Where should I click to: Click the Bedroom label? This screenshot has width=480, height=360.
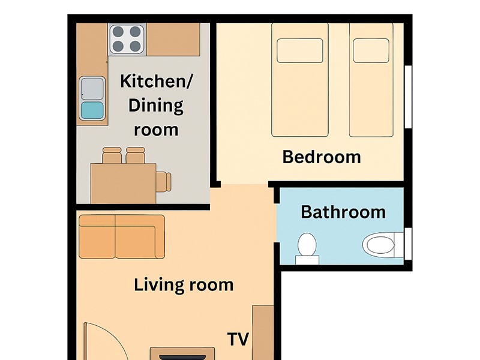(322, 157)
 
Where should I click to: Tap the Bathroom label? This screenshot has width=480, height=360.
(343, 212)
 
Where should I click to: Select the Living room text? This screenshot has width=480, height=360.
(184, 284)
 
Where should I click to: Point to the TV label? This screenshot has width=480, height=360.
(238, 339)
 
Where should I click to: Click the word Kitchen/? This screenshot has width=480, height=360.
(156, 82)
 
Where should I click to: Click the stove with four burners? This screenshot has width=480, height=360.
(127, 39)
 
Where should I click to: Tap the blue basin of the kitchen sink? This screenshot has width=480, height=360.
(92, 110)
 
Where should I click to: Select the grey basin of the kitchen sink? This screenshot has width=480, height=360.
(92, 88)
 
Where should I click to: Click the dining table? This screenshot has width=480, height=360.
(123, 182)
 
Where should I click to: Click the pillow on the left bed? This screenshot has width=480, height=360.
(299, 51)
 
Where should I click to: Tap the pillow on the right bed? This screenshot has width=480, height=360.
(371, 51)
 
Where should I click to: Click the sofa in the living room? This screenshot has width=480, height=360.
(121, 236)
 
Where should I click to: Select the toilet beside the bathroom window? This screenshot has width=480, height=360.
(379, 244)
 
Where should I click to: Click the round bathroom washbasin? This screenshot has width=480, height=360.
(307, 245)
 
